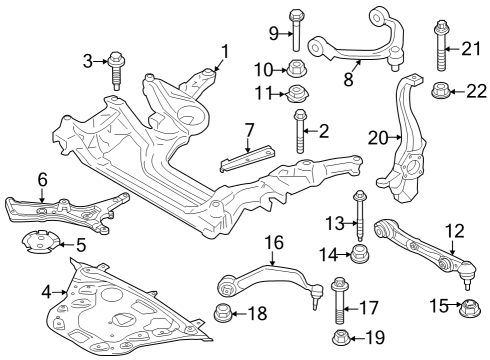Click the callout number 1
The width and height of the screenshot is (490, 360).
tap(225, 50)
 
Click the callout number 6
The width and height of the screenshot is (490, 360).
tap(42, 180)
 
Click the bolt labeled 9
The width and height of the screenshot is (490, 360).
tap(296, 30)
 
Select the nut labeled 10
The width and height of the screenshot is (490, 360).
tap(296, 69)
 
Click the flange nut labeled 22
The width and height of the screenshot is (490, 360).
tap(441, 93)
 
